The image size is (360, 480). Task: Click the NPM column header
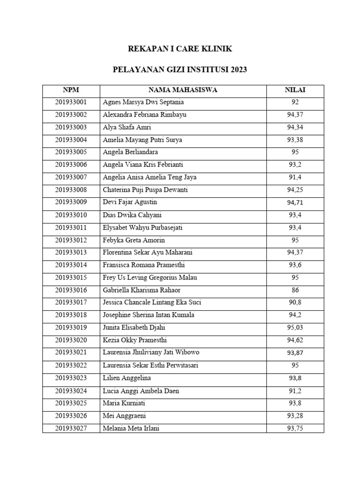click(71, 90)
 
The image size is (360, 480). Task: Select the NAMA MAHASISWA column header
click(183, 90)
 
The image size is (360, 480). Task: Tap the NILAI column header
click(295, 90)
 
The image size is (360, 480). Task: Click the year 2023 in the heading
click(238, 70)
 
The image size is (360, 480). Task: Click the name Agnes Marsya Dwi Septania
click(143, 102)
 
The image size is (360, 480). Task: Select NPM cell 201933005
click(71, 152)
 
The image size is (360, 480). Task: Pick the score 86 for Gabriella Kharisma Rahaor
click(295, 290)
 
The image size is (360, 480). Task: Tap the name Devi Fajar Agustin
click(130, 202)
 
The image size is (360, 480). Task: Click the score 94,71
click(295, 202)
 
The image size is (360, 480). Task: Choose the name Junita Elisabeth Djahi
click(134, 328)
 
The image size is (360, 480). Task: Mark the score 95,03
click(295, 328)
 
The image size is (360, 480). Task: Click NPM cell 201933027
click(71, 428)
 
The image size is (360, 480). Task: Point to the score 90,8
click(295, 303)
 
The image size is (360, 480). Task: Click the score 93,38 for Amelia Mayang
click(295, 140)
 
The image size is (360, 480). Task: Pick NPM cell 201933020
click(71, 340)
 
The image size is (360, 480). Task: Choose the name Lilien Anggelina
click(127, 378)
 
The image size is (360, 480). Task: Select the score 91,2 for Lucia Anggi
click(295, 390)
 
